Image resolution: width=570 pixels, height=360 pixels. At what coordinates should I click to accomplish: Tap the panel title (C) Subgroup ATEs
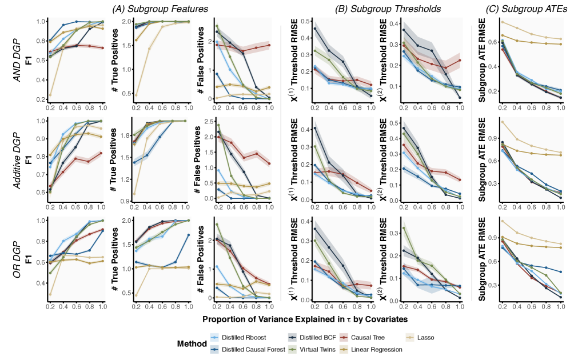pos(519,8)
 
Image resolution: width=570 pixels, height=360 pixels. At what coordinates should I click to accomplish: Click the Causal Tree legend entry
pos(368,337)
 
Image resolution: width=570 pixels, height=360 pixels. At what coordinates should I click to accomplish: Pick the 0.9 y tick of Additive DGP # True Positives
pos(126,201)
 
